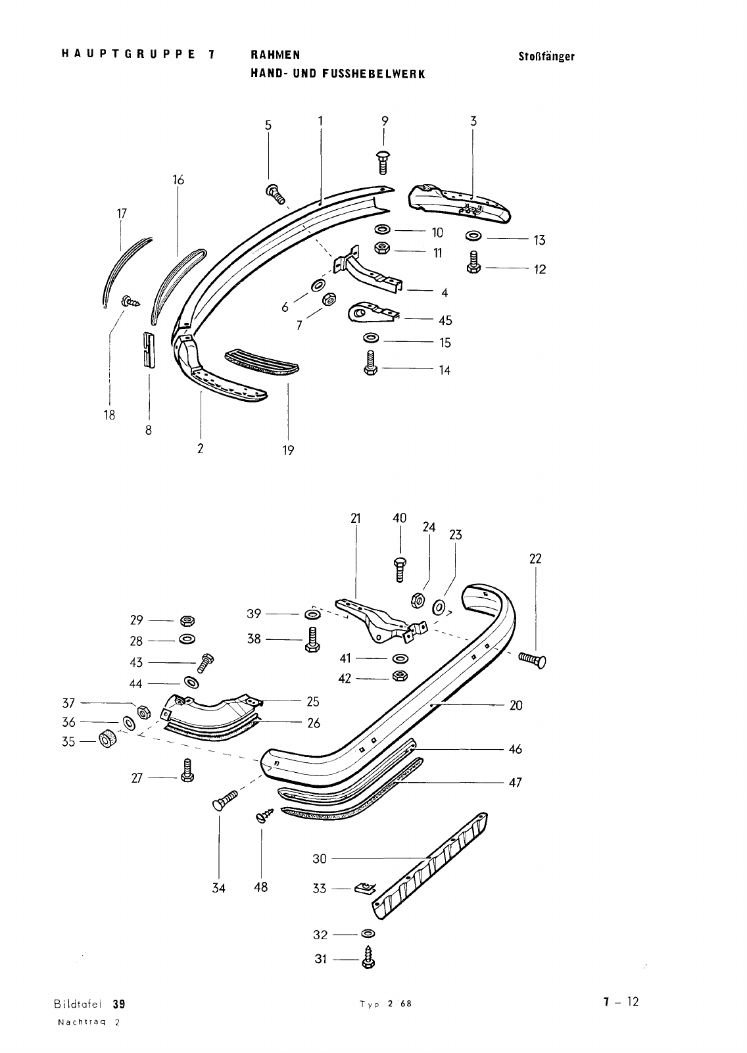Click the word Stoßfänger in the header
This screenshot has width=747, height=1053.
click(546, 57)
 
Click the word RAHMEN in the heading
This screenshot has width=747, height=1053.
click(276, 55)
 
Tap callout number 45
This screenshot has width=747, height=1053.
click(445, 320)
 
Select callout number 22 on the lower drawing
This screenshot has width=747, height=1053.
click(535, 558)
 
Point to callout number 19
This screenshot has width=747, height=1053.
click(288, 451)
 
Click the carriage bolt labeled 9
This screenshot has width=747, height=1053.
click(383, 162)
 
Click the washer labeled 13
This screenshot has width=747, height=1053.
click(473, 235)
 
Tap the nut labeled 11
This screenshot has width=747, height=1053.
click(381, 247)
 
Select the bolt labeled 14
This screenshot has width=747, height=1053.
click(370, 363)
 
